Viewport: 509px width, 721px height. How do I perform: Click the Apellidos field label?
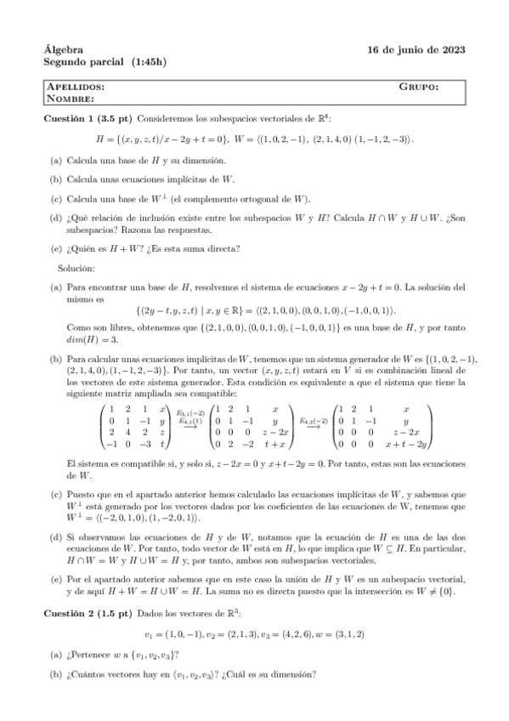coord(76,87)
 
